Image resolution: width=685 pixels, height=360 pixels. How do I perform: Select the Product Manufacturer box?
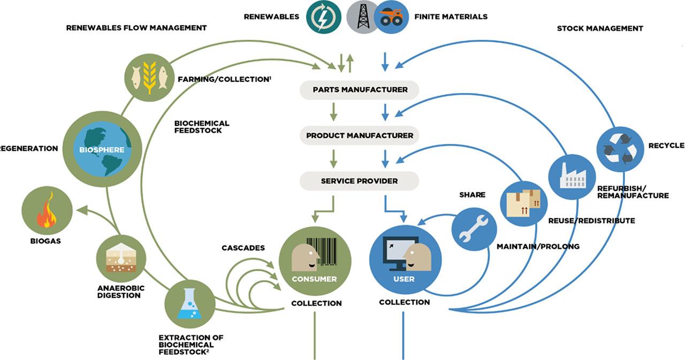[360, 135]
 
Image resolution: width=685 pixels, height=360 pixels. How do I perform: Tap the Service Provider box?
[360, 181]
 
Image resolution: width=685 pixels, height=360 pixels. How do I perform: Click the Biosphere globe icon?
[102, 150]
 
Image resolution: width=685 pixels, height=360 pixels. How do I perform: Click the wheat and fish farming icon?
[149, 78]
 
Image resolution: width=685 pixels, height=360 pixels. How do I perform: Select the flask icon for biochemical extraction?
[190, 304]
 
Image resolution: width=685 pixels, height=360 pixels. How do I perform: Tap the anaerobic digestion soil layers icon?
[121, 258]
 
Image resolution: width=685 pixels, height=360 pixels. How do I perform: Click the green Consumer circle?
[314, 261]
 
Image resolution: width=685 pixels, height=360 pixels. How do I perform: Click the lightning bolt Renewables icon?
[324, 16]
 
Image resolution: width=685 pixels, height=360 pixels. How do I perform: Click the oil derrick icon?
[363, 17]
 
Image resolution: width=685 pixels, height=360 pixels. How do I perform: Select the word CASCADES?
[243, 248]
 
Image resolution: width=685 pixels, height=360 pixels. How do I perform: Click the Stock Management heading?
[600, 28]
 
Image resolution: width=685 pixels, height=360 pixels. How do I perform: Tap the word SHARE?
[472, 195]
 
